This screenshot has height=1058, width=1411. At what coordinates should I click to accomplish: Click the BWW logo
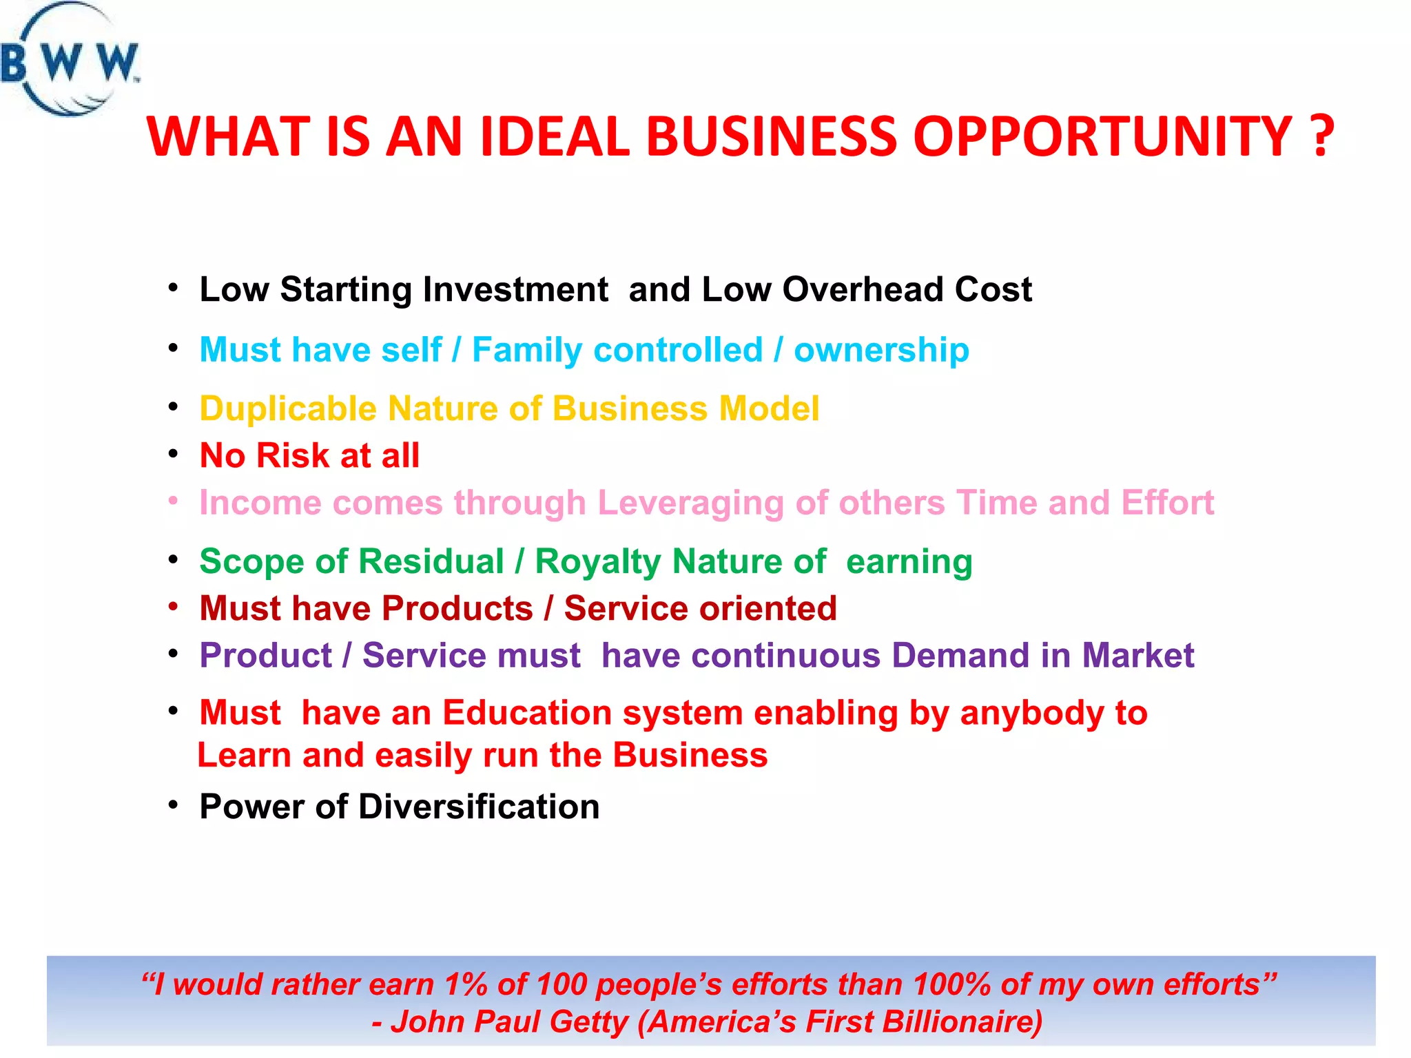[69, 61]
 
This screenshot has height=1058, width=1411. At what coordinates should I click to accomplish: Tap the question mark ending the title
[1320, 136]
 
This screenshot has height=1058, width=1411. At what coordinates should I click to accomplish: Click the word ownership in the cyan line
[881, 350]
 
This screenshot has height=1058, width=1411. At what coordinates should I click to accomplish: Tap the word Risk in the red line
[292, 456]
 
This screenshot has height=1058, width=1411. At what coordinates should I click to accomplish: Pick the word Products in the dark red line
[457, 609]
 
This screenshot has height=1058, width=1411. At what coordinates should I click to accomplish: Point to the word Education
[527, 713]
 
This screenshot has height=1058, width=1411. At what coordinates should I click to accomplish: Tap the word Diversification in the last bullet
[478, 807]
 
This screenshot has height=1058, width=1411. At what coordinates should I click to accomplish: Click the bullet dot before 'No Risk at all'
[174, 455]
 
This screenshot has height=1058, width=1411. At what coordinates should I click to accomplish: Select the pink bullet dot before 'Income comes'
[174, 501]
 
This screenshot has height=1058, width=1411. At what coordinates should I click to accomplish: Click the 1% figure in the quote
[466, 985]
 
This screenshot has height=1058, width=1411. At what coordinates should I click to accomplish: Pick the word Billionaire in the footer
[962, 1022]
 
